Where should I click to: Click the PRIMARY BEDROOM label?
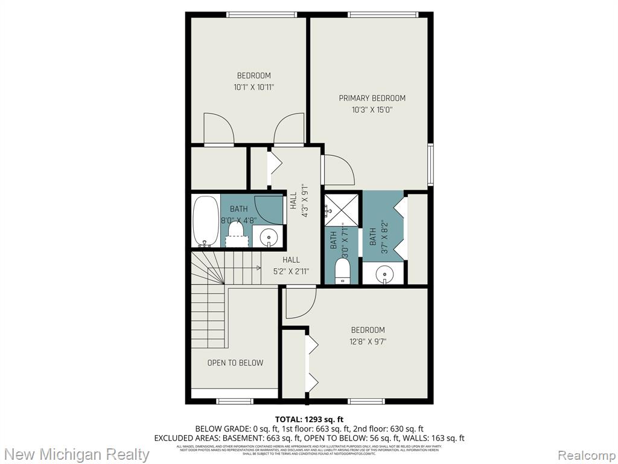point(372,98)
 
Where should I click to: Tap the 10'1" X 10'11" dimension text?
point(253,87)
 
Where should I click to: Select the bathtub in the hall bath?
point(205,221)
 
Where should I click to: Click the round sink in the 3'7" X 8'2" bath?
point(384,274)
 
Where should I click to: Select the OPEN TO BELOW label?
point(235,362)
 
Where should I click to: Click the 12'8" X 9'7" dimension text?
point(368,341)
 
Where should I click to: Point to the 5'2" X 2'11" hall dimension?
point(291,271)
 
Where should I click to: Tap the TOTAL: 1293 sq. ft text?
point(309,419)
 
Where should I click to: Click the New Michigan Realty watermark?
point(77,454)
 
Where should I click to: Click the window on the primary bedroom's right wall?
point(430,164)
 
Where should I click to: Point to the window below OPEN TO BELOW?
point(235,401)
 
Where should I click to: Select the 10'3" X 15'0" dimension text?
point(372,110)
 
